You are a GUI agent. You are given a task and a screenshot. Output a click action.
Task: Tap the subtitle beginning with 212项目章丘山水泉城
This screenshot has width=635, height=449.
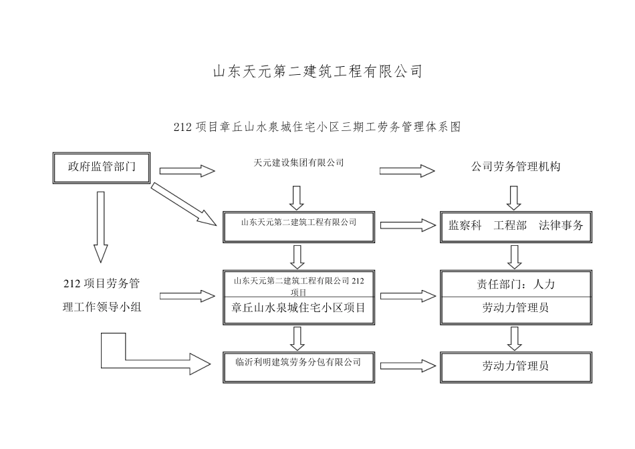tap(317, 126)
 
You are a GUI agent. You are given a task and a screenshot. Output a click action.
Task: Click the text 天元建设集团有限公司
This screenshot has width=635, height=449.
tap(299, 162)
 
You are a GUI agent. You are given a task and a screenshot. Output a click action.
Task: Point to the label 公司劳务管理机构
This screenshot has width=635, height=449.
tap(515, 167)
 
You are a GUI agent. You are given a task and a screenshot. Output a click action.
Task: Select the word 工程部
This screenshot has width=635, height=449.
tap(510, 226)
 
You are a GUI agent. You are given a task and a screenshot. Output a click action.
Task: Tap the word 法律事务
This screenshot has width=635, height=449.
tap(561, 226)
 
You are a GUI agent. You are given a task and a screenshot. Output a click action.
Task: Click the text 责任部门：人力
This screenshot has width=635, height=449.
tap(515, 284)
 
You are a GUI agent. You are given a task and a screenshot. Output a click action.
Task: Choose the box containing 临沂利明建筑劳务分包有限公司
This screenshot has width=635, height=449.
tap(298, 365)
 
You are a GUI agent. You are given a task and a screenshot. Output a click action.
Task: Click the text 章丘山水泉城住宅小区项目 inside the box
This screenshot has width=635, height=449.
tap(298, 308)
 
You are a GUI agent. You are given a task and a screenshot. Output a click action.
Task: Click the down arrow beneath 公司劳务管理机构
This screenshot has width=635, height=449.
tap(514, 198)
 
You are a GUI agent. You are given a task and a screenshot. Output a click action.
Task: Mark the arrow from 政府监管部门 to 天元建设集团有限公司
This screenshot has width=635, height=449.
tap(187, 171)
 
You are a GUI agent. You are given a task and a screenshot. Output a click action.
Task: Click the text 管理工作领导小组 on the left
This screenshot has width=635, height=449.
tap(101, 307)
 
